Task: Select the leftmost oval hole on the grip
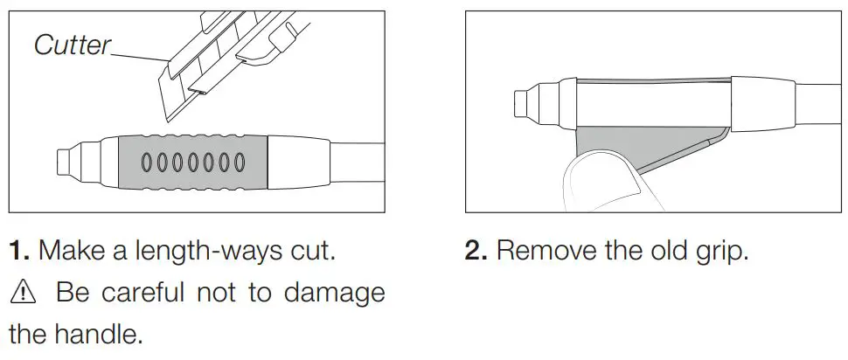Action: point(148,162)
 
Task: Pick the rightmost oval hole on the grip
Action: point(236,162)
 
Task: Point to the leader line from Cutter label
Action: point(140,58)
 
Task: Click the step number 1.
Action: point(19,252)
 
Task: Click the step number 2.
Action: point(476,252)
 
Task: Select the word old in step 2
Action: point(661,252)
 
